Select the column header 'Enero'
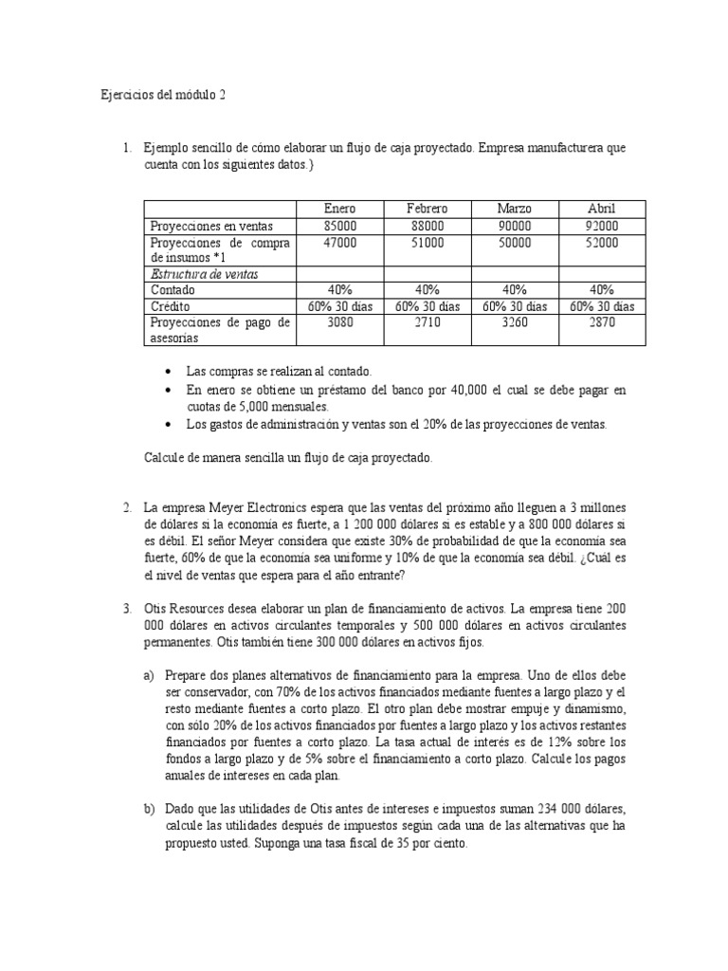click(339, 209)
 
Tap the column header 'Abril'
click(602, 209)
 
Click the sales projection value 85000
click(339, 226)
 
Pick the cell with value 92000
click(602, 226)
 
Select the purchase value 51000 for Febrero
click(427, 243)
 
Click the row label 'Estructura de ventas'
click(204, 274)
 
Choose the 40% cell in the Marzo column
click(515, 290)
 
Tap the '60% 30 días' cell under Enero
click(339, 307)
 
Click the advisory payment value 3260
click(515, 323)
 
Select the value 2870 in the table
click(602, 323)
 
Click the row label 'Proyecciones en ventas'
click(211, 226)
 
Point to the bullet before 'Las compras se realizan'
click(169, 373)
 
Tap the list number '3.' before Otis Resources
click(128, 607)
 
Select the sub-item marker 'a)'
click(149, 675)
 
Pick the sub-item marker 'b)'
click(149, 809)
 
